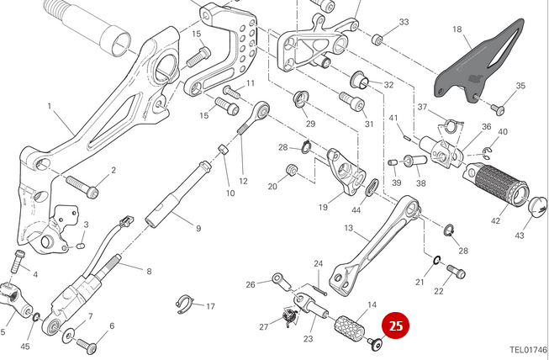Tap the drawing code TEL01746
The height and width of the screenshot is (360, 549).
tap(528, 349)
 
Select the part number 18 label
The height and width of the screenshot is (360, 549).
tap(457, 30)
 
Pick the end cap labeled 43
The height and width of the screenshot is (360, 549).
tap(536, 204)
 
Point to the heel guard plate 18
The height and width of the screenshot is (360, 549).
tap(475, 63)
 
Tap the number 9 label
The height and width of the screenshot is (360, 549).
tap(198, 228)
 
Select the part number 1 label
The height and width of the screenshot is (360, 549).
tap(50, 107)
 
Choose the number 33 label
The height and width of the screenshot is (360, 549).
tap(404, 22)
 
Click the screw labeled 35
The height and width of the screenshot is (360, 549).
tap(496, 108)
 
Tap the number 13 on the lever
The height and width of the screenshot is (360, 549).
tap(349, 227)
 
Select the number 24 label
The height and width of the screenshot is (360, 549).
tap(319, 264)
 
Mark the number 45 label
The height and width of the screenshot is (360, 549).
tap(25, 347)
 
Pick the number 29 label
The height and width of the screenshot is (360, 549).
tap(309, 124)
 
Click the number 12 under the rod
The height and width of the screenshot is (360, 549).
tap(243, 181)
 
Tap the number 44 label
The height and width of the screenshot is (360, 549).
tap(356, 209)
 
